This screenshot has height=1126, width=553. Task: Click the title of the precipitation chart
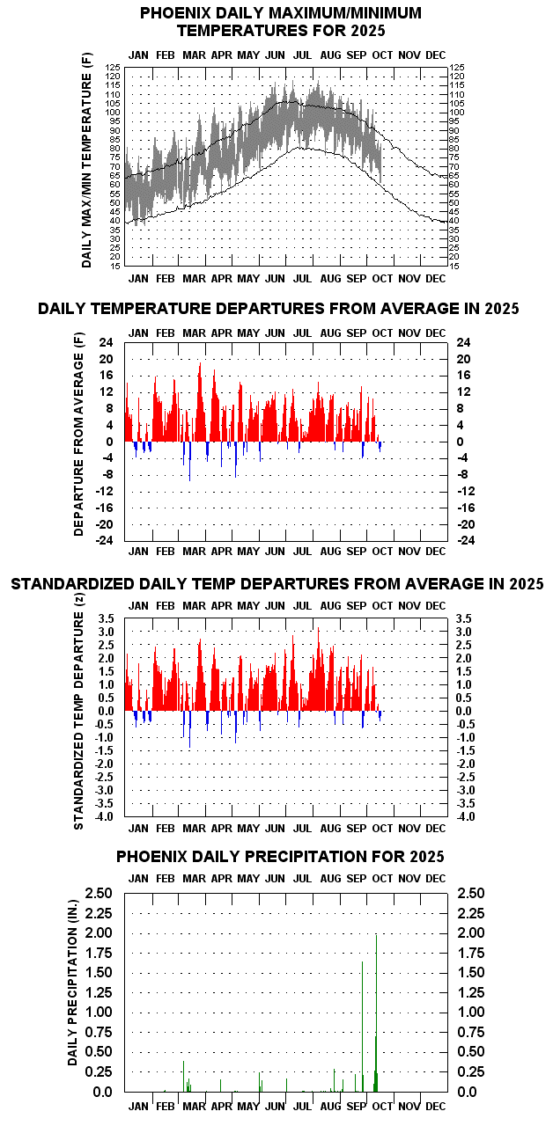tap(280, 856)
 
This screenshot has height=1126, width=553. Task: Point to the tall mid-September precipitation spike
tap(362, 1025)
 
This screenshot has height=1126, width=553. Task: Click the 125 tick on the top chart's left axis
tap(113, 67)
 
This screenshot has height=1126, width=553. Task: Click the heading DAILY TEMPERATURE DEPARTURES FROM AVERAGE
tap(278, 309)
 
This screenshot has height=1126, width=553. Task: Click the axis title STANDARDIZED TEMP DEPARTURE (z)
tap(79, 722)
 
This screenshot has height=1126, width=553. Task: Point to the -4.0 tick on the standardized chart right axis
tap(465, 817)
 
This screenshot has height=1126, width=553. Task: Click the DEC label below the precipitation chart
tap(435, 1108)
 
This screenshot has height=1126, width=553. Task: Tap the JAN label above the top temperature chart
tap(138, 55)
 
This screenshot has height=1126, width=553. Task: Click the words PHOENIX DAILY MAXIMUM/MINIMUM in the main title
tap(281, 13)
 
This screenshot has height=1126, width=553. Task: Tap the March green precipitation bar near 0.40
tap(183, 1076)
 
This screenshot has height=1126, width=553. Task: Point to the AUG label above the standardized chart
tap(330, 606)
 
